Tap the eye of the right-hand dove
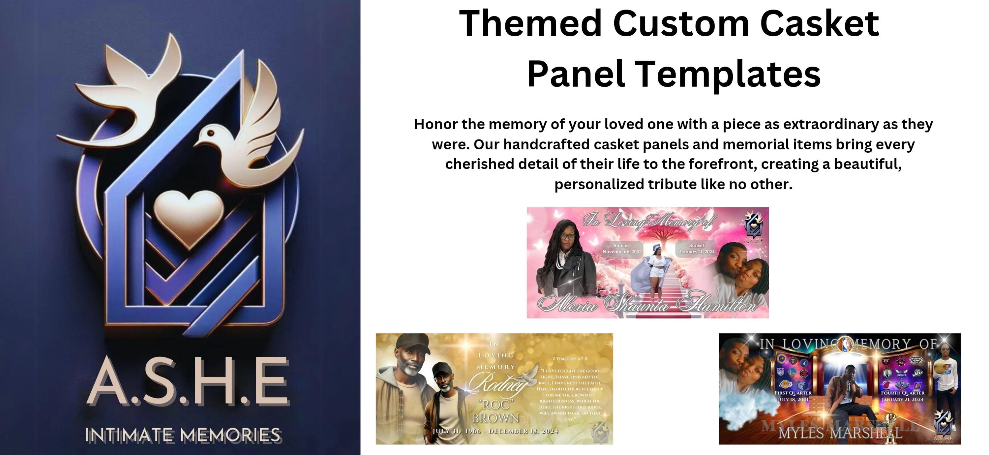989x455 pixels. [210, 133]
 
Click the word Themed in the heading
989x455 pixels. [530, 24]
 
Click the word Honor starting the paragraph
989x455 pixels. [436, 124]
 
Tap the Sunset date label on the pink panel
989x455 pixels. [697, 248]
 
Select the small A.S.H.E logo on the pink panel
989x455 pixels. [753, 227]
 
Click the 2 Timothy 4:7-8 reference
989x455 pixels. [570, 359]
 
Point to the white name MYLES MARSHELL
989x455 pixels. [840, 433]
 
